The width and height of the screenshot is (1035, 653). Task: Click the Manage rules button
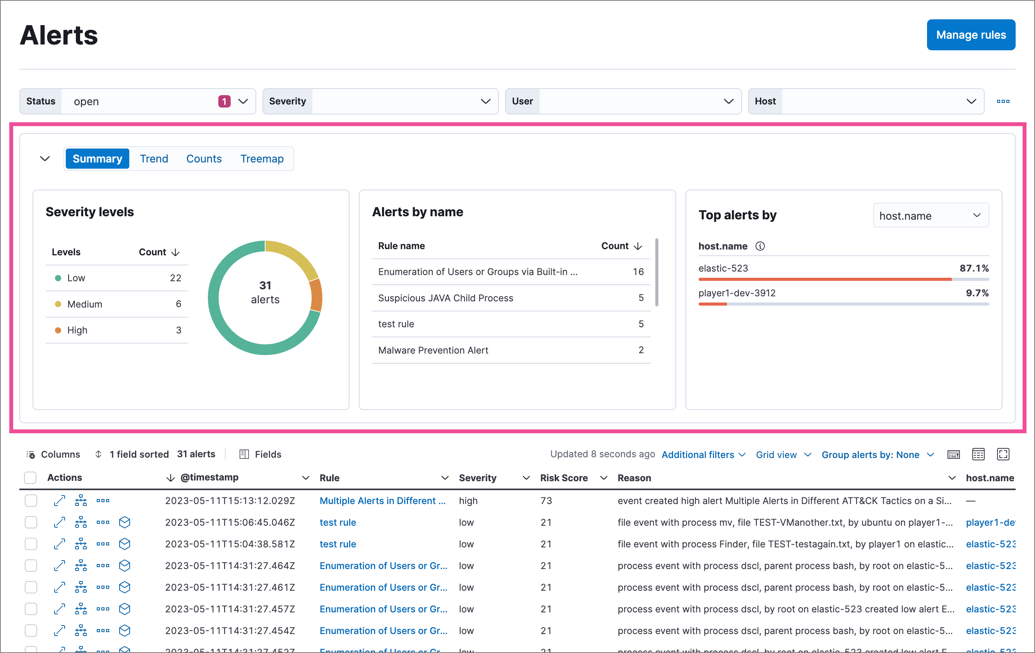970,35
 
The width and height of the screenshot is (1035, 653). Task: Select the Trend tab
154,159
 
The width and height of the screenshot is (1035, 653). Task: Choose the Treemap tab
262,159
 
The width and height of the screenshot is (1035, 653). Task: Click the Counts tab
204,159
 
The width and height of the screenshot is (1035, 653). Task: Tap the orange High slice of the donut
316,296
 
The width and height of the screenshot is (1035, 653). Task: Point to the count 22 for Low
175,278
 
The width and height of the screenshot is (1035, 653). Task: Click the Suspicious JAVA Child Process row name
445,298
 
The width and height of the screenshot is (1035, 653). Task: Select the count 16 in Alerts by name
638,272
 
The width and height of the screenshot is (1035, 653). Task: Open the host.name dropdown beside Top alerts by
930,215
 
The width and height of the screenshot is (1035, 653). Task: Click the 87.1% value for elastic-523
973,268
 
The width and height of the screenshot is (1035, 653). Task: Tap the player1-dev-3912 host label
737,293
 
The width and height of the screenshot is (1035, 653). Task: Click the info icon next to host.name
760,246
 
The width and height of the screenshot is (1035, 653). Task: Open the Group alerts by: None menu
877,455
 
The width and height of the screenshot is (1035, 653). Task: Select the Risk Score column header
564,478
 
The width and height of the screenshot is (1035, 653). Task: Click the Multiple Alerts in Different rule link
382,501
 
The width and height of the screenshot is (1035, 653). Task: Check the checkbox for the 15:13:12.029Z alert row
31,501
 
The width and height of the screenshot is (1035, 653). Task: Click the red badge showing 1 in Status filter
224,101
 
